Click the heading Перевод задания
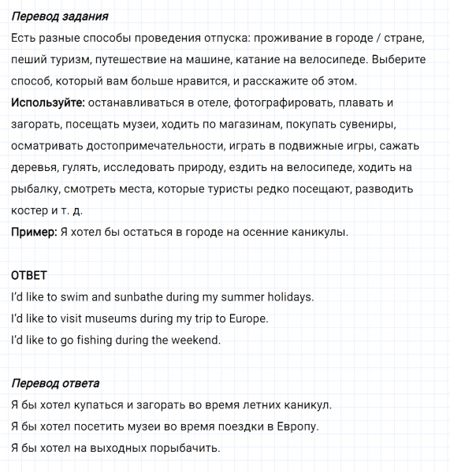[60, 17]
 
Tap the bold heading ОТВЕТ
[29, 275]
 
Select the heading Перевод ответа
[55, 383]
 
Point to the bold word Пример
[34, 232]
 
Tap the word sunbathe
[145, 297]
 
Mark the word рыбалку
[35, 189]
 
